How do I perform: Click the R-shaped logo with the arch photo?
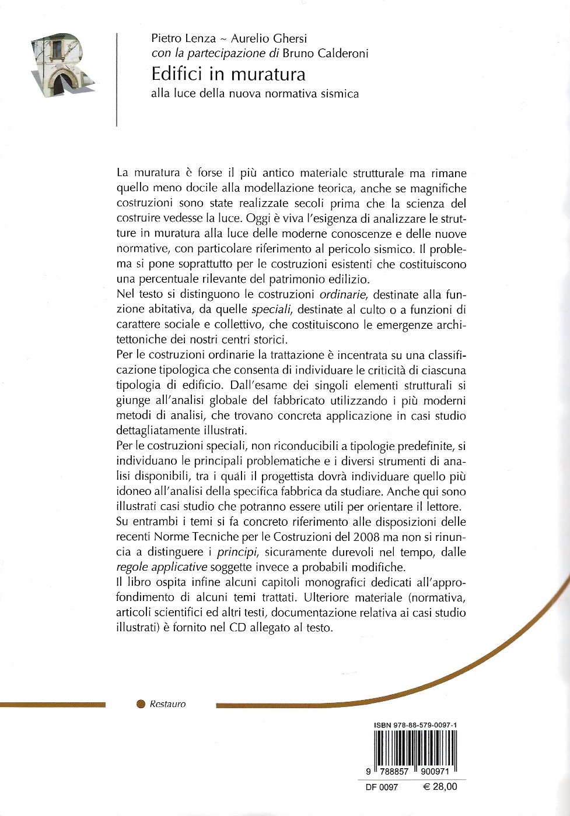click(61, 65)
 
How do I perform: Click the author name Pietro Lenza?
click(184, 38)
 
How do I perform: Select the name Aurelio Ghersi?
click(269, 38)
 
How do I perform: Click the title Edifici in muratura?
click(228, 74)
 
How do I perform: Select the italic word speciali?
click(271, 309)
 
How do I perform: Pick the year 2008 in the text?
click(366, 537)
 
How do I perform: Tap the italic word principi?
click(236, 552)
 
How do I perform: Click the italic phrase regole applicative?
click(162, 567)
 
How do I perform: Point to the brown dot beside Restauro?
click(141, 704)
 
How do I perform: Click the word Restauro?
click(167, 704)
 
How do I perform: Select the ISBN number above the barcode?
click(415, 725)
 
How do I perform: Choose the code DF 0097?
click(382, 787)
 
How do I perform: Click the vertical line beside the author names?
click(117, 79)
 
